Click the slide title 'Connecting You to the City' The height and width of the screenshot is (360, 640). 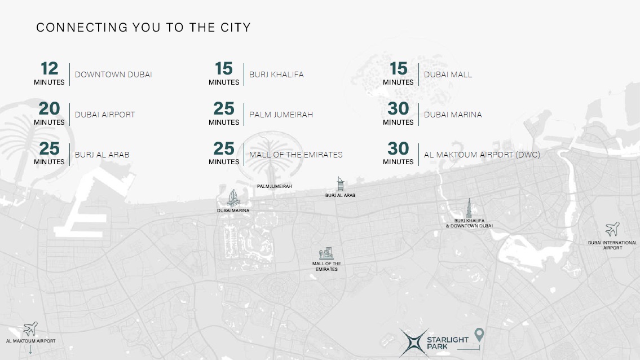(143, 27)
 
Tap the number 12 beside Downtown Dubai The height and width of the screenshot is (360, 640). (50, 69)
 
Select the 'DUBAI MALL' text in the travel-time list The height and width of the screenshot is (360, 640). (448, 74)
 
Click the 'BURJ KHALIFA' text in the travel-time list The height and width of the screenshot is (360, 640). (276, 74)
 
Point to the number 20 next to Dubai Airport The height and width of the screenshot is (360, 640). (50, 108)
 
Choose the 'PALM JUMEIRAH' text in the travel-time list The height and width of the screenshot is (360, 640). (281, 115)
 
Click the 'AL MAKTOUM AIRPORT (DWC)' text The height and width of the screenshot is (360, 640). (482, 154)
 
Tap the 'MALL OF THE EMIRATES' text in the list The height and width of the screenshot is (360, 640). (295, 154)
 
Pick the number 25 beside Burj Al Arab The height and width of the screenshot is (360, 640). (50, 148)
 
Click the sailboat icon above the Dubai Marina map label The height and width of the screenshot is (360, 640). (233, 197)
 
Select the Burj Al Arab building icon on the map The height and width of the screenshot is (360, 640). (340, 184)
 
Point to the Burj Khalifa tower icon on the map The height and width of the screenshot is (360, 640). (469, 208)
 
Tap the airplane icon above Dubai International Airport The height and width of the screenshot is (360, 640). (612, 229)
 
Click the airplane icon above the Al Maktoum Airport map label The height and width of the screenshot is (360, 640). (30, 328)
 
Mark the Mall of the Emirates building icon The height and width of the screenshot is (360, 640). (326, 254)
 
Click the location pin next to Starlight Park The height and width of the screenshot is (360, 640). (479, 335)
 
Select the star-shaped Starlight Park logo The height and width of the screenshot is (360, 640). (412, 343)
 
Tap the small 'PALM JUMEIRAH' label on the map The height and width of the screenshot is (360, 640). (275, 186)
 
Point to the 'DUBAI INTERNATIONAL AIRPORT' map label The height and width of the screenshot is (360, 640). (612, 245)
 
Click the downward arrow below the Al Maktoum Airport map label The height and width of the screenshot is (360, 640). (30, 349)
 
